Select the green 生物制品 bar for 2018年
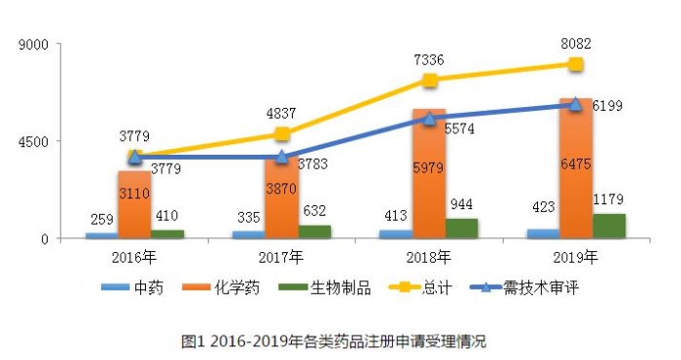click(462, 229)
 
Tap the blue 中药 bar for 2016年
click(101, 235)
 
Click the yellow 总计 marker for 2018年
click(429, 80)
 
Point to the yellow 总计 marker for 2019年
click(576, 64)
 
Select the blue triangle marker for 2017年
click(281, 157)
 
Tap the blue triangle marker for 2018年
click(429, 118)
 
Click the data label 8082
click(575, 44)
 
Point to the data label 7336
click(429, 59)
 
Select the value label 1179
click(609, 198)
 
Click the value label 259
click(101, 219)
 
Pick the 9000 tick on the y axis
click(39, 45)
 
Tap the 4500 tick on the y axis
click(39, 141)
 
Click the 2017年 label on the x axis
click(281, 258)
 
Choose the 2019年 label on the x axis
click(576, 258)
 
